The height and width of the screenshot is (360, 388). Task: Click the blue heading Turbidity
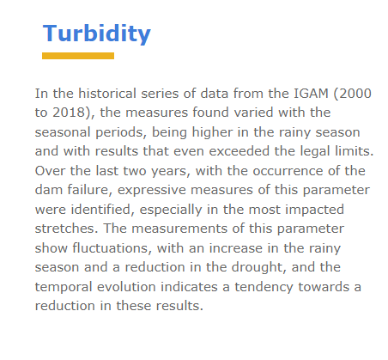coord(97,34)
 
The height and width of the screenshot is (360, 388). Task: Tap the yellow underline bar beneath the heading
coord(78,56)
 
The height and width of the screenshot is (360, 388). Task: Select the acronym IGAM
coord(311,94)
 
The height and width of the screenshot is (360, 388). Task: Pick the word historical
coord(107,94)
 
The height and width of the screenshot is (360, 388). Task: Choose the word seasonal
coord(63,132)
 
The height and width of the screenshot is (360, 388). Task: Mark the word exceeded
coord(239,151)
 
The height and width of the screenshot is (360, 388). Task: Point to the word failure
coord(90,190)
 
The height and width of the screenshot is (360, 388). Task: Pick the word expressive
coord(152,190)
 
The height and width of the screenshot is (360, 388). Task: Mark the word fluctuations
coord(112,248)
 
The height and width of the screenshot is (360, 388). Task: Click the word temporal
coord(64,288)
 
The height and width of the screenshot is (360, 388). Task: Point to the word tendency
coord(264,288)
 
